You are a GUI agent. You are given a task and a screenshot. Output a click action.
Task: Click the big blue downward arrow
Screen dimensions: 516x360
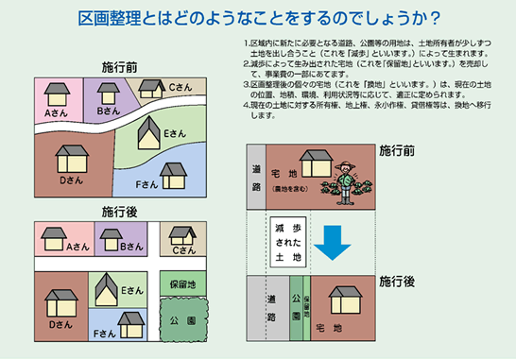[332, 241]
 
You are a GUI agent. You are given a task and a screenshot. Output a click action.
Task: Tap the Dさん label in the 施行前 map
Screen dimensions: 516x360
[67, 180]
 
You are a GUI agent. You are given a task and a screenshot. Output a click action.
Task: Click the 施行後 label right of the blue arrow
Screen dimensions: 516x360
[396, 281]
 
